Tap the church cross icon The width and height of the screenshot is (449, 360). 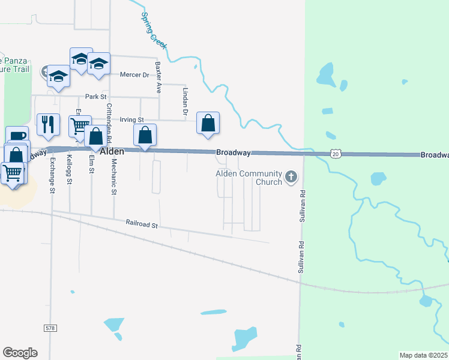291,176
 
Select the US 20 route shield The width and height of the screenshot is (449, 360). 336,154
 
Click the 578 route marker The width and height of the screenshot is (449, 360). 50,328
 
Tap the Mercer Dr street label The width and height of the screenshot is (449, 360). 134,75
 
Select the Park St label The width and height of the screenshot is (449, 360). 95,96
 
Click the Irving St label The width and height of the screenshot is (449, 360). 132,120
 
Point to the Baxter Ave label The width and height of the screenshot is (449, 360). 158,77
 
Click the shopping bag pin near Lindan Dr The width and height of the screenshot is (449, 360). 208,123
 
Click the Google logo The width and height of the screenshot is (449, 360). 19,353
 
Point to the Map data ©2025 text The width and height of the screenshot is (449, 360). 423,355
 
